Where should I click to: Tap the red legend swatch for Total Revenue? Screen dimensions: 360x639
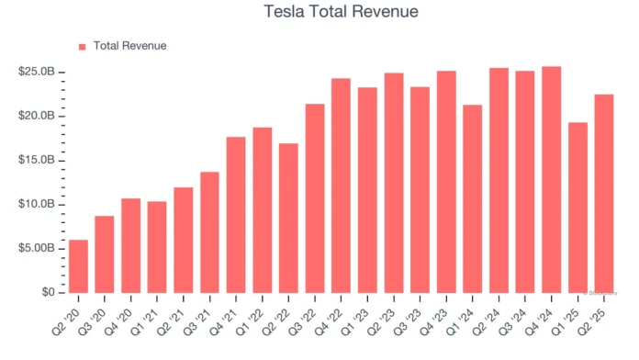click(x=82, y=46)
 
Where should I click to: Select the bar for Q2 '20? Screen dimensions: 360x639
click(x=79, y=266)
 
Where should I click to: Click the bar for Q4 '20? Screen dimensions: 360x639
click(x=131, y=245)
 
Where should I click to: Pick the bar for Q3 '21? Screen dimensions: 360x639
click(x=209, y=232)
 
